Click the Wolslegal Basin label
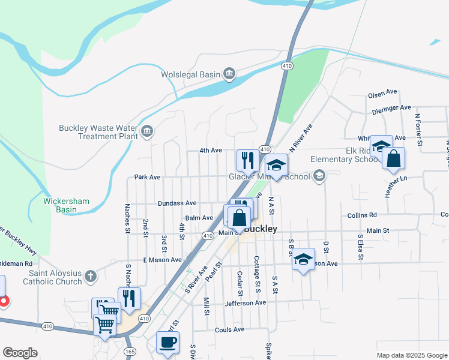(190, 74)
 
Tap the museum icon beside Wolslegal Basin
(229, 74)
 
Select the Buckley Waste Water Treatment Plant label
(98, 131)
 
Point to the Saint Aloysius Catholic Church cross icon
(90, 276)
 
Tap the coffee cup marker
(167, 342)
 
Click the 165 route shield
(130, 351)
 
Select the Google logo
(20, 353)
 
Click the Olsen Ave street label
(383, 94)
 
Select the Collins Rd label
(361, 215)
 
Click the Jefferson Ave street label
(245, 303)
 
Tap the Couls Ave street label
(229, 329)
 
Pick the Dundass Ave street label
(177, 203)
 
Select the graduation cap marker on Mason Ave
(303, 259)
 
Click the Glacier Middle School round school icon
(319, 176)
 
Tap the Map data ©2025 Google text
(412, 355)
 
